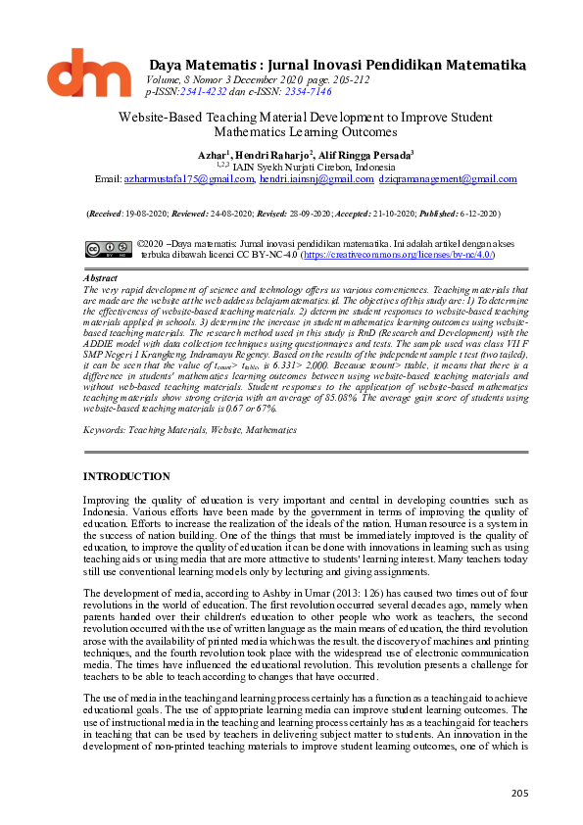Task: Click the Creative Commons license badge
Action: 109,249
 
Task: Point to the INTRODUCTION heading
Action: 126,476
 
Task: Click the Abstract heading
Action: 100,278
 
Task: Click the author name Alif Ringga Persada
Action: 364,155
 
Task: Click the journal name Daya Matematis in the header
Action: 194,65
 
